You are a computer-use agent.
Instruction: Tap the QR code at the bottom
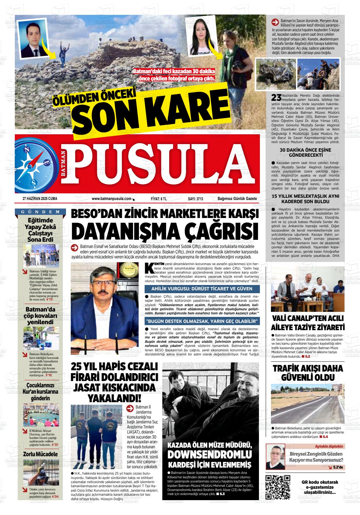click(278, 487)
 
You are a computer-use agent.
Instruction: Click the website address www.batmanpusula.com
click(111, 198)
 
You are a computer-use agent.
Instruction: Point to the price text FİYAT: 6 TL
click(159, 198)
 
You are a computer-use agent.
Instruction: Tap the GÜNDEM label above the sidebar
click(40, 212)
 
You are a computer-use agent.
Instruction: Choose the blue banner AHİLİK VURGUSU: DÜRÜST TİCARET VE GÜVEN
click(202, 288)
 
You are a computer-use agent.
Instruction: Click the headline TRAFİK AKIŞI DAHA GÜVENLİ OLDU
click(308, 373)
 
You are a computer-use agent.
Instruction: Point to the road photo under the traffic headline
click(308, 404)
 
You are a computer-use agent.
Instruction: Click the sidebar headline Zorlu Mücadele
click(40, 454)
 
